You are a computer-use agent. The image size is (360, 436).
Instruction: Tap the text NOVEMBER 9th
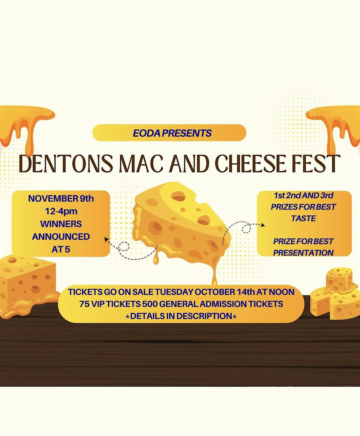pos(61,199)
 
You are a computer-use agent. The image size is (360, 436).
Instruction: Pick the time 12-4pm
pos(61,211)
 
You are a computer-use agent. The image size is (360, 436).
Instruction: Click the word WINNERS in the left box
pos(61,224)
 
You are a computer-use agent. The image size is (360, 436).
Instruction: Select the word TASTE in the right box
pos(304,218)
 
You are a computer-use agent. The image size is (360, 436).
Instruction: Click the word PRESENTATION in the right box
pos(303,253)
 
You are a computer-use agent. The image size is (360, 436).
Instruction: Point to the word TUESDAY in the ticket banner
pos(174,292)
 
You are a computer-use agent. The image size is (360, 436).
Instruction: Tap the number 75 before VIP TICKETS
pos(84,304)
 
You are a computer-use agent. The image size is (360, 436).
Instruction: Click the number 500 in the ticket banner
pos(150,304)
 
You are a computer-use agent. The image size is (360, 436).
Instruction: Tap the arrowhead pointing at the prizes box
pos(263,225)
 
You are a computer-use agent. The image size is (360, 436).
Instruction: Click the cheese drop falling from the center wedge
pos(156,261)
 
